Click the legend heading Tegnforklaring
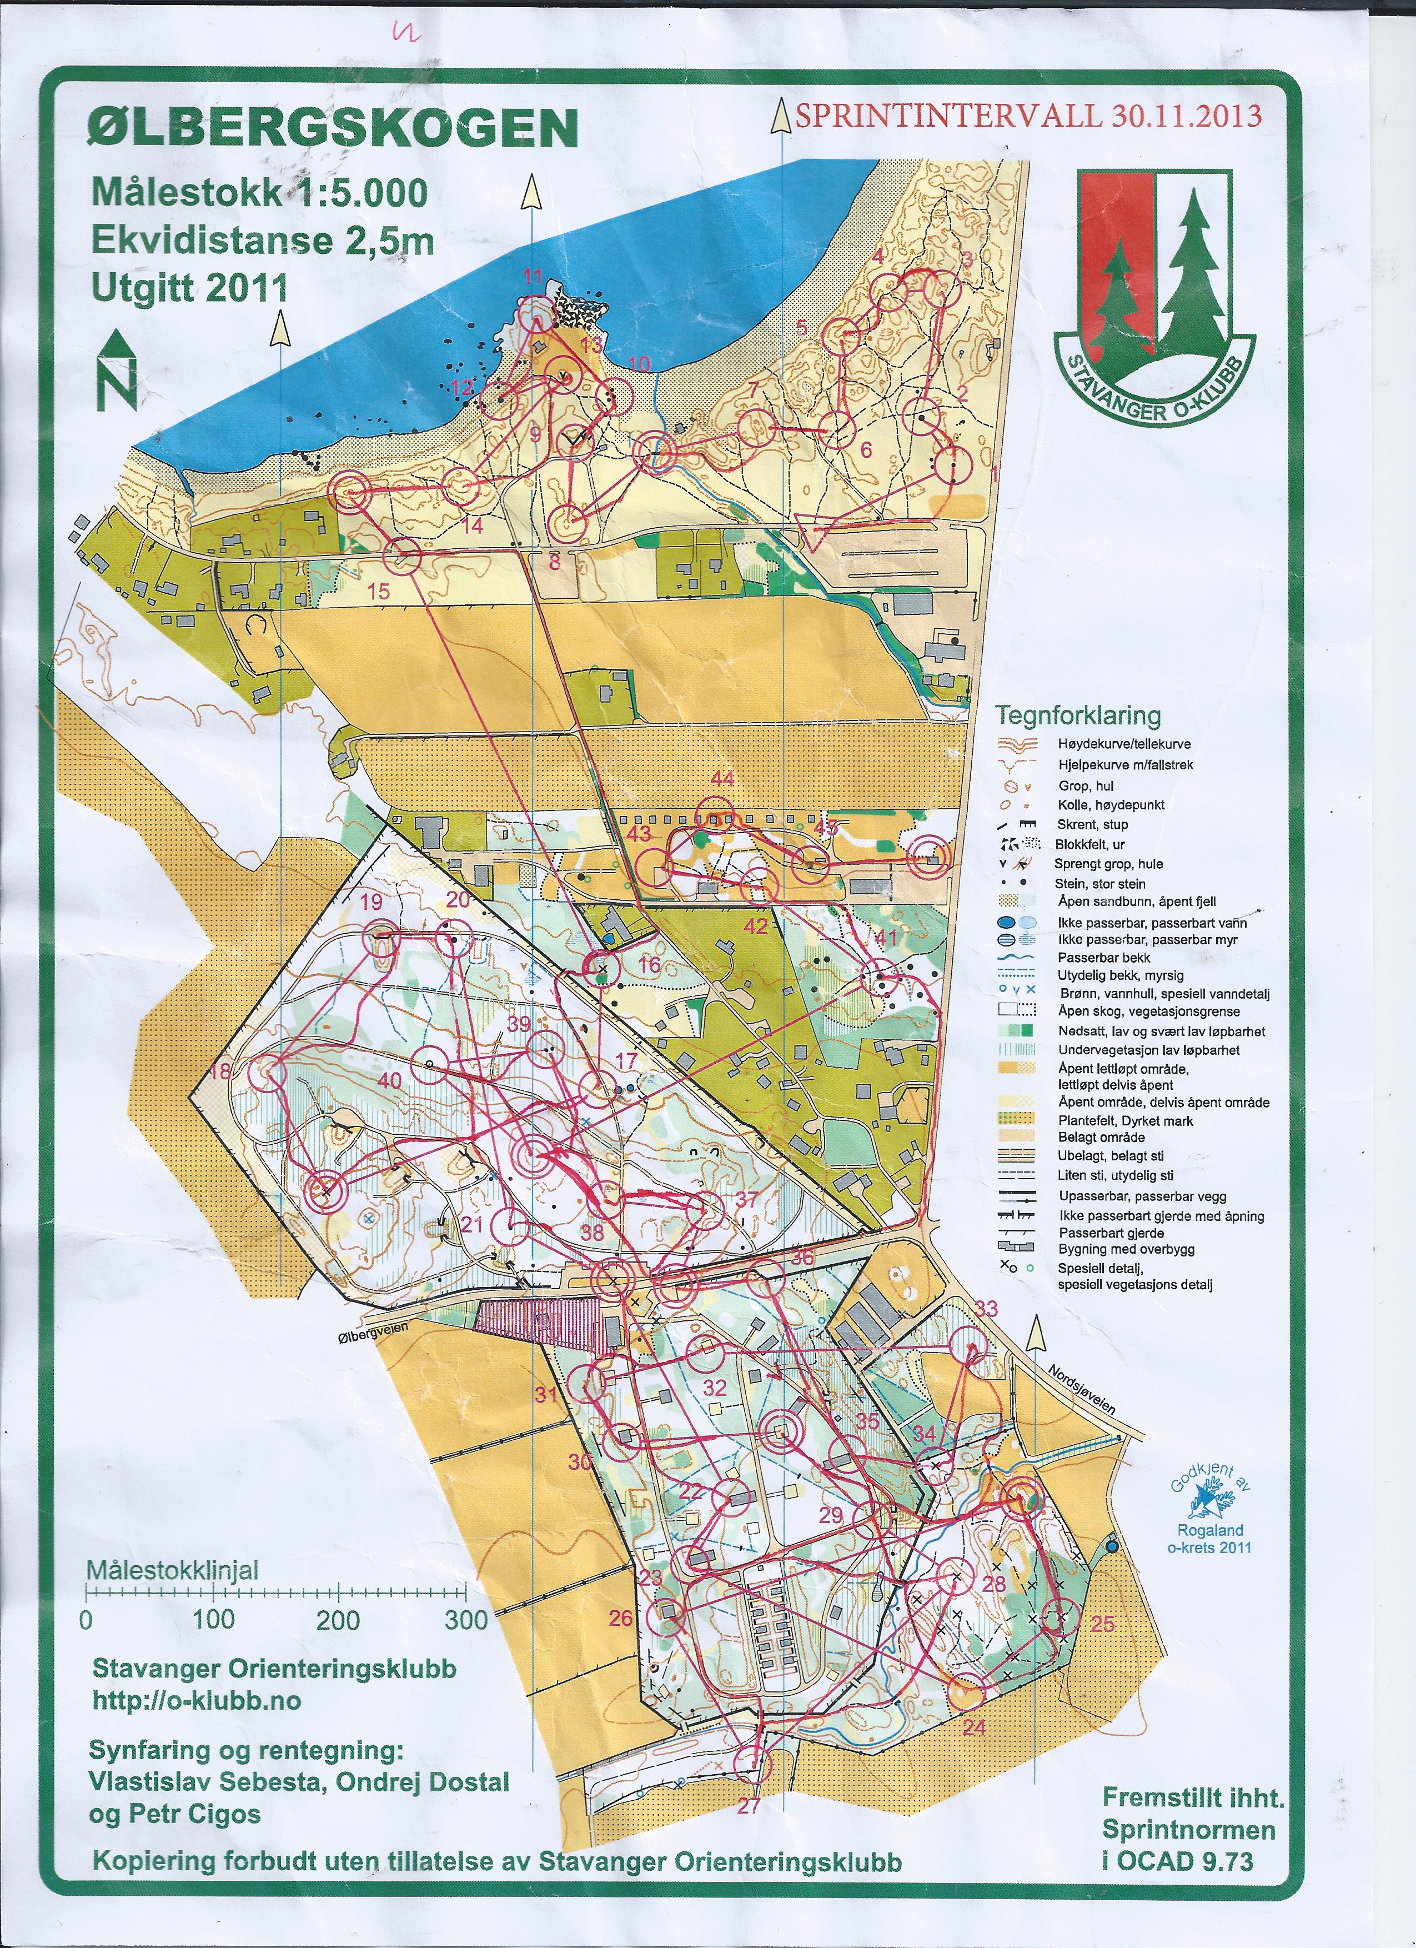(x=1078, y=715)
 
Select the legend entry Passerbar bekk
(x=1103, y=957)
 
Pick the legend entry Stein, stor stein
(x=1100, y=883)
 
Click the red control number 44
(x=723, y=778)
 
